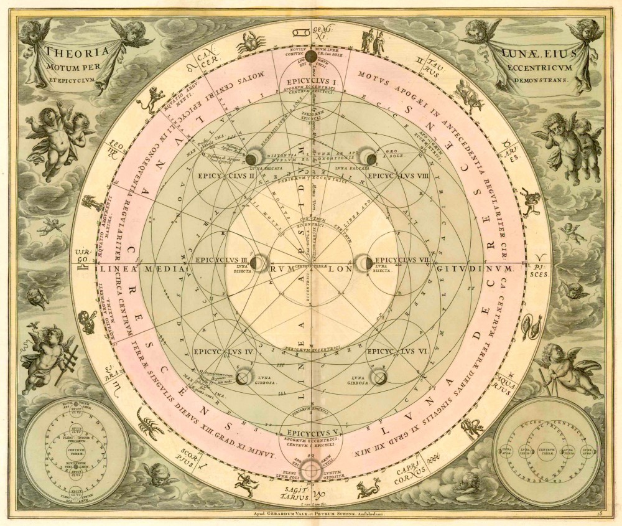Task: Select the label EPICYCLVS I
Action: pyautogui.click(x=309, y=82)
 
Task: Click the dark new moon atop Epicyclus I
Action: pyautogui.click(x=310, y=57)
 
